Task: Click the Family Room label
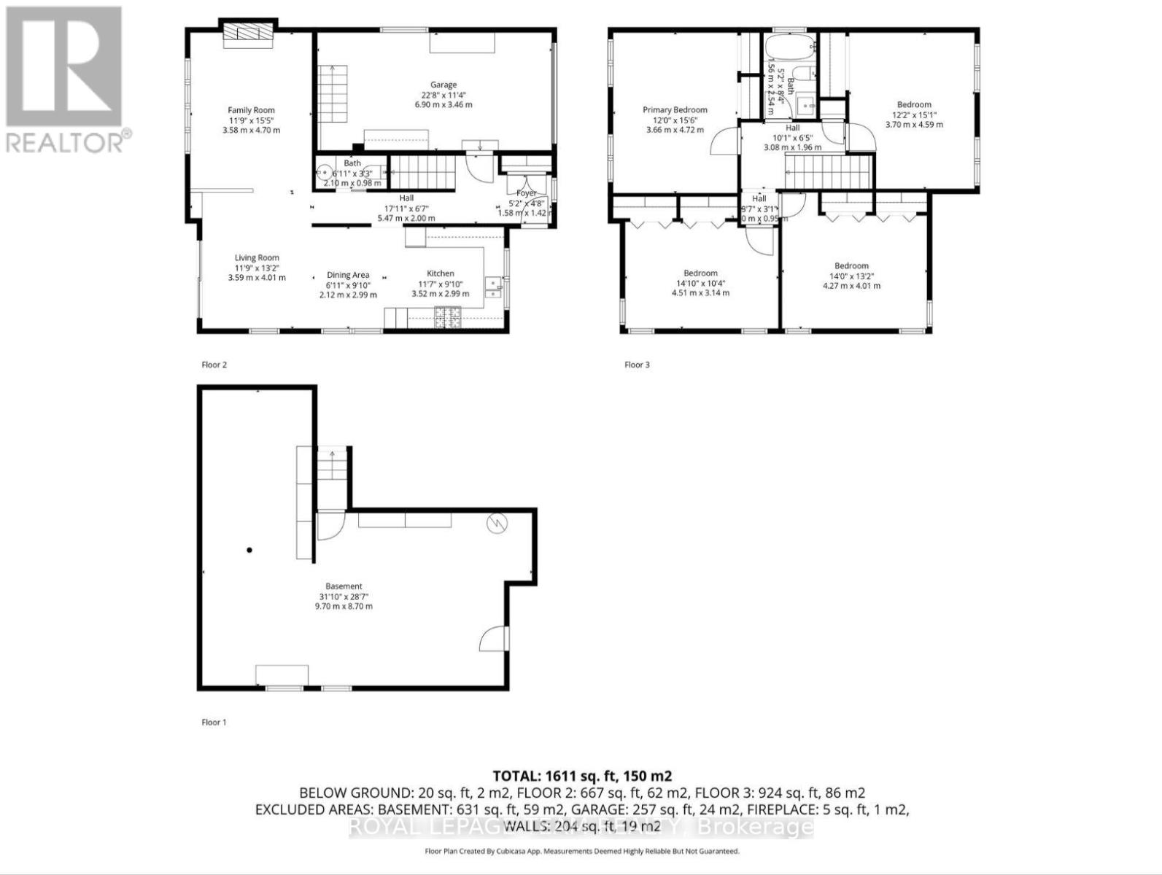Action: (251, 111)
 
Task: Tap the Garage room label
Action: (443, 85)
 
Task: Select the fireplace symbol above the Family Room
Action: (248, 34)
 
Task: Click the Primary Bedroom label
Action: (675, 110)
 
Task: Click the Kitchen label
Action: (441, 273)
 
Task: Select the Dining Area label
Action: (348, 275)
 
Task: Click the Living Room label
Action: (257, 257)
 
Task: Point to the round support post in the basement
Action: (249, 550)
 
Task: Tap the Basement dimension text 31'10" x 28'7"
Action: (344, 596)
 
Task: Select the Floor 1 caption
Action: (214, 722)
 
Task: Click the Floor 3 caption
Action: (636, 365)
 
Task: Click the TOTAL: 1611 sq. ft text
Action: (581, 776)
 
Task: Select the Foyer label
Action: (526, 193)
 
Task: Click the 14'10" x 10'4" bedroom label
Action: (700, 284)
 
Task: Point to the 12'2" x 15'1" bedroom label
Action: (914, 114)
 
